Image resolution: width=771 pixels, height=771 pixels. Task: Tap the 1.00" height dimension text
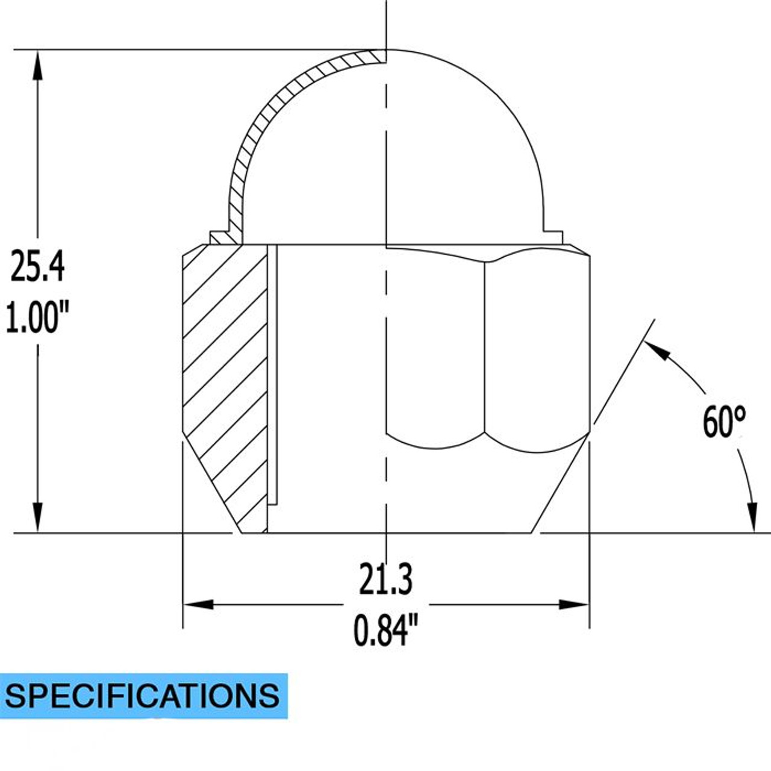tap(37, 317)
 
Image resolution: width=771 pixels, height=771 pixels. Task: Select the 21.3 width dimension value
tap(385, 579)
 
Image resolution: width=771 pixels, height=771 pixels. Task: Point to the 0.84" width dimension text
tap(385, 630)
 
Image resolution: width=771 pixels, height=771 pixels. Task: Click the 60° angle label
tap(724, 422)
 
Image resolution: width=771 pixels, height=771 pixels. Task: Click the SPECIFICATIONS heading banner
tap(143, 696)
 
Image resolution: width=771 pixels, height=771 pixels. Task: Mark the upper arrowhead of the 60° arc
tap(658, 351)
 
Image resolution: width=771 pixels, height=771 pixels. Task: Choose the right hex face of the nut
tap(536, 349)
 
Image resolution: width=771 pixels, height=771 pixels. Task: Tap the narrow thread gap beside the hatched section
tap(272, 373)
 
